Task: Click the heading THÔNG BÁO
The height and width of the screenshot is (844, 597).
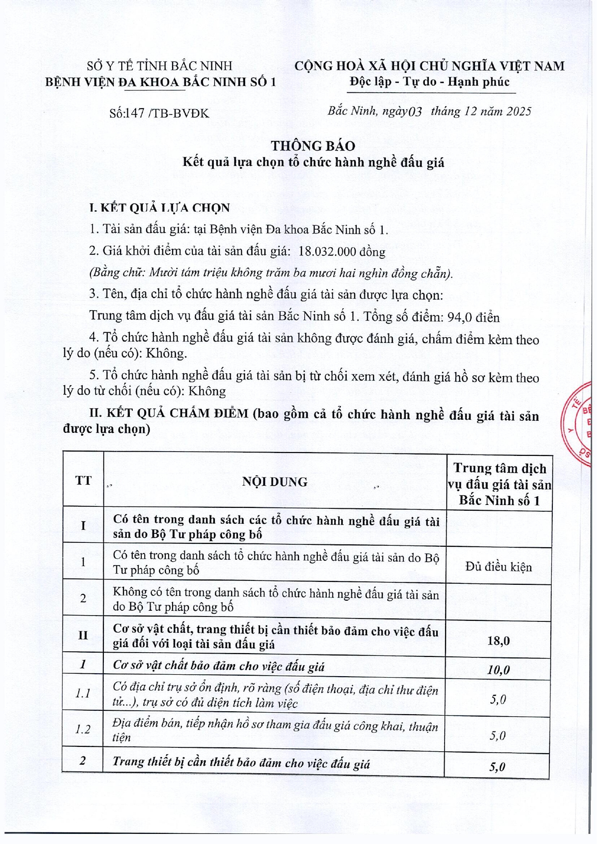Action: click(313, 146)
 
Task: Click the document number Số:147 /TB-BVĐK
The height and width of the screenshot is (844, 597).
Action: click(159, 113)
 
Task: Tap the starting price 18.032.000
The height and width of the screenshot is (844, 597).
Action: click(327, 252)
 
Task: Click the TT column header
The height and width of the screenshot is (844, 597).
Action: click(83, 480)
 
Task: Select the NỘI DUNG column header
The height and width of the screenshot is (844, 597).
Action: click(274, 482)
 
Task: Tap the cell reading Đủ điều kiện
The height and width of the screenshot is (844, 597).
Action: click(498, 567)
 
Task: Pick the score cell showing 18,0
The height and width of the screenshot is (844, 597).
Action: click(498, 641)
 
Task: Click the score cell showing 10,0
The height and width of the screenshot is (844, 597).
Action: click(498, 670)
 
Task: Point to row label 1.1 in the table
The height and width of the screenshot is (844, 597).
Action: click(83, 693)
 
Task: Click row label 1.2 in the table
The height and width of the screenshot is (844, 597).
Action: click(83, 730)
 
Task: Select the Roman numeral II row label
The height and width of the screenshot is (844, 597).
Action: click(83, 635)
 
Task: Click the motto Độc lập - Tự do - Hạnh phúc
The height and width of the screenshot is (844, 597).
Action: click(429, 82)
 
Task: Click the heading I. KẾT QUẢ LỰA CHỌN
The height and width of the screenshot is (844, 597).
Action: click(160, 208)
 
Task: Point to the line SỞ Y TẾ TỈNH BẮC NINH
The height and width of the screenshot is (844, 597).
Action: click(160, 66)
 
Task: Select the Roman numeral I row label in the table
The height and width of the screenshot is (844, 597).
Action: click(83, 525)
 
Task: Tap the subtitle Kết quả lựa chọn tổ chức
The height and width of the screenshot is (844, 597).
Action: click(313, 162)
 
